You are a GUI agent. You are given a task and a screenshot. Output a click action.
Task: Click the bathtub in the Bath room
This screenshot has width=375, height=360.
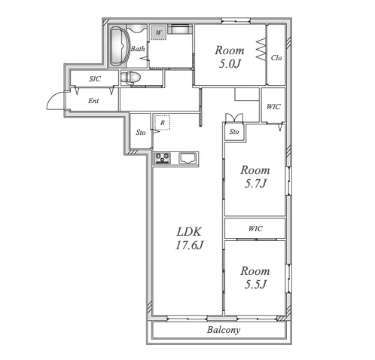120,46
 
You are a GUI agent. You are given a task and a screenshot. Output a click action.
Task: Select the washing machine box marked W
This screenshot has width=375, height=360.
158,32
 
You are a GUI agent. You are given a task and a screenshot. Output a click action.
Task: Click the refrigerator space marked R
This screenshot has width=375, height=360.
163,123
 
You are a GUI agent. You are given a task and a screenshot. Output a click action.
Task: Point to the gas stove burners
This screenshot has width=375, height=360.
163,158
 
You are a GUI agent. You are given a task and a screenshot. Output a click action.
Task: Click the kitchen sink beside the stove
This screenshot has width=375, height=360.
187,158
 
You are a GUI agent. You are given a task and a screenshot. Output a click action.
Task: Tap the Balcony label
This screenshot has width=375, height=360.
224,330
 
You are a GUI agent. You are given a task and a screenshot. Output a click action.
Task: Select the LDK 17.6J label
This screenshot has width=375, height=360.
189,238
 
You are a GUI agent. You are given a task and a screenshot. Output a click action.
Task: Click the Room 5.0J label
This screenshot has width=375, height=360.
230,57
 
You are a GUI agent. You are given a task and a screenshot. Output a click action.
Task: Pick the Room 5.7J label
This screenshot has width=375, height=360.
255,176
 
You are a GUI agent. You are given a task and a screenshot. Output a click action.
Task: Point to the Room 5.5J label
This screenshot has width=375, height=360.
255,277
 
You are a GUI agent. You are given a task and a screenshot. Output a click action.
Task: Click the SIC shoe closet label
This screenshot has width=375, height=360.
95,79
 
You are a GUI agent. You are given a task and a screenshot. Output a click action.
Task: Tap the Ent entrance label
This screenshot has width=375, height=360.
93,101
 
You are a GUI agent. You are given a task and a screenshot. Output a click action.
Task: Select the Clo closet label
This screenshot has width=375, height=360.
276,58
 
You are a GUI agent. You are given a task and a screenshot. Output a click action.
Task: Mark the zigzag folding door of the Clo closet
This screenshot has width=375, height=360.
261,49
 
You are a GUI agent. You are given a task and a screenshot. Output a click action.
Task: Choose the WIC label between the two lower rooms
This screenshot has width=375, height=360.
255,229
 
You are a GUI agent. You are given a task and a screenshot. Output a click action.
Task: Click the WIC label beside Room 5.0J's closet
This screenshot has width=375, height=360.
273,107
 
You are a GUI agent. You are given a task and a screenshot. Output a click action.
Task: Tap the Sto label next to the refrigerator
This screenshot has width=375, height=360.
141,133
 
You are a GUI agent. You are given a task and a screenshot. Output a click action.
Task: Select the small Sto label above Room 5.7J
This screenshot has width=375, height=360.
234,132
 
